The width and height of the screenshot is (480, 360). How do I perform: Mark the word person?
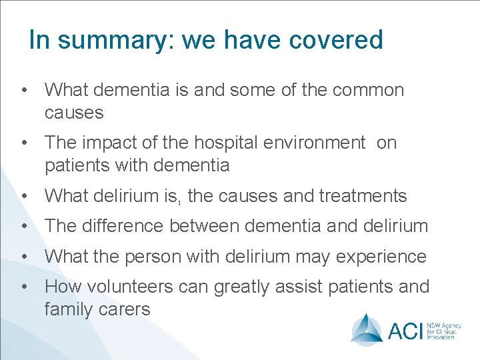[x=158, y=257]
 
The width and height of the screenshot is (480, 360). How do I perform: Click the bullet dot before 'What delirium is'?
[x=23, y=196]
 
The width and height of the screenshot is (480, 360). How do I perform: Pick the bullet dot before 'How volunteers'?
[x=23, y=287]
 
